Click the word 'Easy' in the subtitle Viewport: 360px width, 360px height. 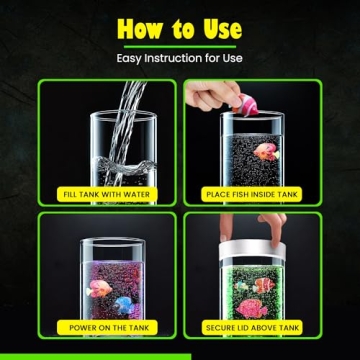[x=129, y=58]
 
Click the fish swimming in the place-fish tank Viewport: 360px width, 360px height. [x=265, y=152]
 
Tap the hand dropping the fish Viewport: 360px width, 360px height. [x=205, y=95]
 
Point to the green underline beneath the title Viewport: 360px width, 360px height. [x=180, y=46]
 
